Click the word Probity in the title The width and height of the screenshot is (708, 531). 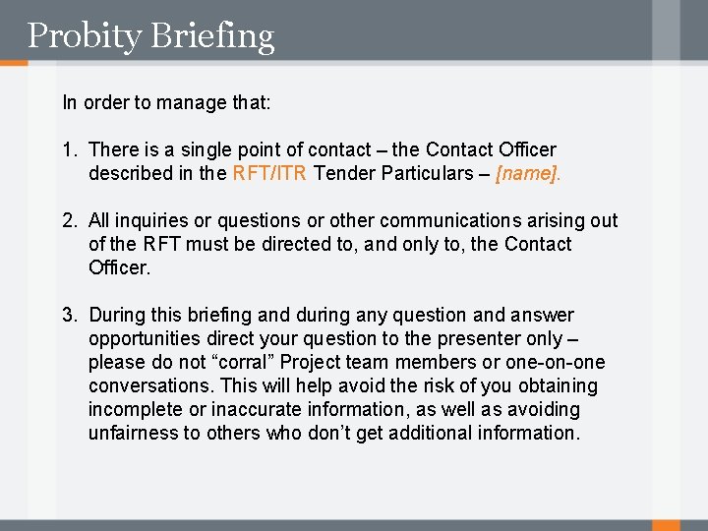[x=84, y=36]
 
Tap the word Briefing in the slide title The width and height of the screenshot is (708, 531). [x=211, y=36]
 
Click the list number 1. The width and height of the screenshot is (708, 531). [x=68, y=149]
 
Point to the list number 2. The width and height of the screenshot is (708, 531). [x=68, y=220]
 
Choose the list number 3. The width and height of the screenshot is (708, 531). [x=68, y=315]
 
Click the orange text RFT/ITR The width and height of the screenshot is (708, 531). [x=270, y=173]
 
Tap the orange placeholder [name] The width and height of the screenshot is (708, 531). [x=529, y=173]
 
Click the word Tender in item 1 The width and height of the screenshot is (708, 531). [x=344, y=173]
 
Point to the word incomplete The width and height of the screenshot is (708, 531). [x=134, y=409]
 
